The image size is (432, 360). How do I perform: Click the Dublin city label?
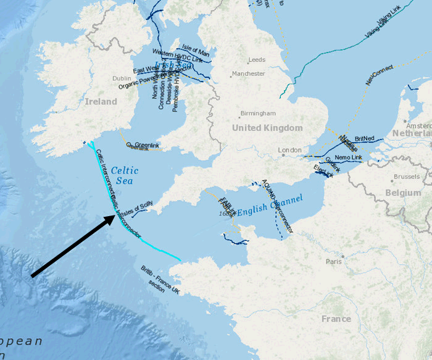pos(122,78)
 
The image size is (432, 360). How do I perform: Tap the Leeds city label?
pos(256,60)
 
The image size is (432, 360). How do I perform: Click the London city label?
pos(289,150)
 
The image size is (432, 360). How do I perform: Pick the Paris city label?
pos(334,261)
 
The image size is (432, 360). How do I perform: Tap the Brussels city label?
pos(406,177)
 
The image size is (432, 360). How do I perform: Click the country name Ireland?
pos(101,101)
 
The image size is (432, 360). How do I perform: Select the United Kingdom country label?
pos(267,128)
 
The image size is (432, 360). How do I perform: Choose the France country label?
pos(336,319)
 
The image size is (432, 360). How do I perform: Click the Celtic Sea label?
pos(125,175)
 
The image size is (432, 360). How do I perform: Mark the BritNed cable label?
pos(365,139)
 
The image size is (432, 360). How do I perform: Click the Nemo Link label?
pos(349,158)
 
